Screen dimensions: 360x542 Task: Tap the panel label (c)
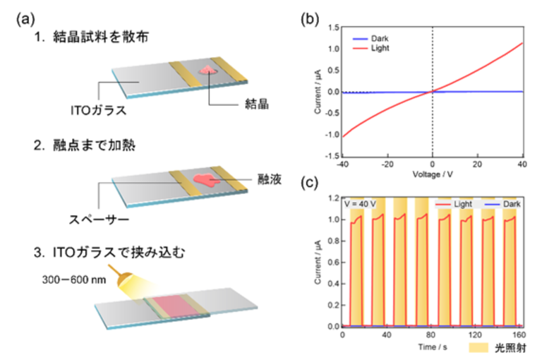pyautogui.click(x=308, y=185)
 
